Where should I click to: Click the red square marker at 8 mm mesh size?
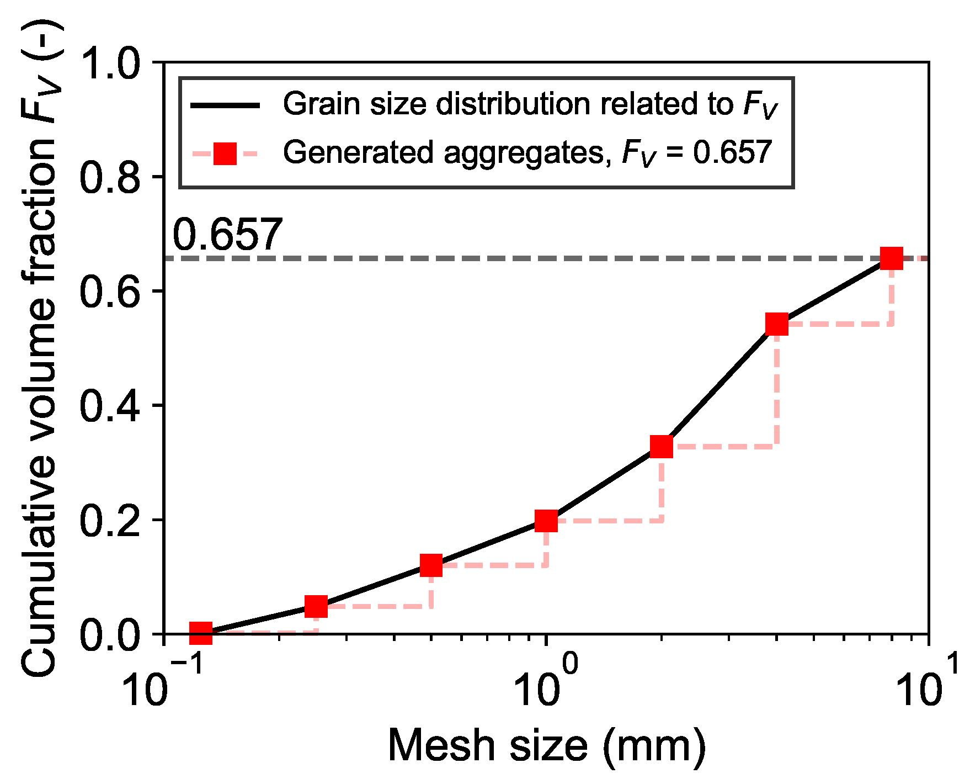(x=892, y=258)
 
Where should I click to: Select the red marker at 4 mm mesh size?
(x=776, y=324)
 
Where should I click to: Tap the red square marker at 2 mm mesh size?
(x=661, y=446)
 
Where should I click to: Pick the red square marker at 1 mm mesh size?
(x=546, y=521)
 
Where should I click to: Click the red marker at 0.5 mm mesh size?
(x=430, y=565)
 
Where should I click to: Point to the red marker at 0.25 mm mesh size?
(x=316, y=606)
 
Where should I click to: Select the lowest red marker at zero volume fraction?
(x=201, y=633)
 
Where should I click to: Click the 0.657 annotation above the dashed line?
(x=227, y=235)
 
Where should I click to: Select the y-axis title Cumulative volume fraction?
(x=40, y=353)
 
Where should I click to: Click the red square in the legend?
(x=225, y=153)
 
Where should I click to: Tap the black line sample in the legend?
(x=225, y=105)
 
